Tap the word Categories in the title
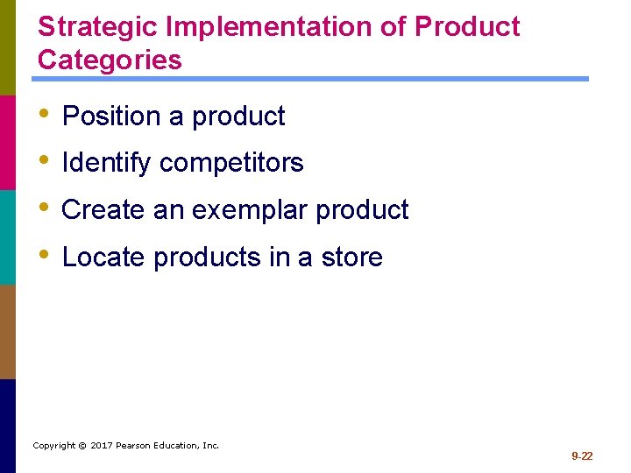(x=110, y=60)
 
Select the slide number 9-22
(x=582, y=456)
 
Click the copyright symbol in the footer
(x=82, y=446)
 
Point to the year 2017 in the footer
(x=103, y=446)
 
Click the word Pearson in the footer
(x=137, y=446)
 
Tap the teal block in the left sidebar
(x=8, y=236)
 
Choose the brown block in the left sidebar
(x=8, y=331)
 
